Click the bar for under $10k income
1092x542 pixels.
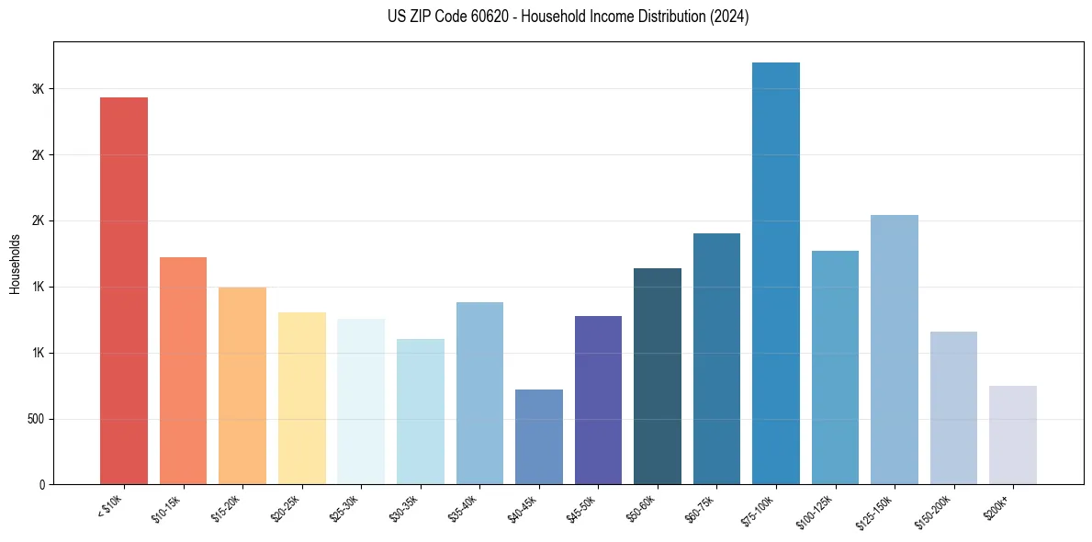click(x=124, y=290)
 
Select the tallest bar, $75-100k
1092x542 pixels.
click(x=776, y=273)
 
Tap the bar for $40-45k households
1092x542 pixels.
click(x=539, y=436)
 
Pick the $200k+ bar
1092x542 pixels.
click(x=1013, y=435)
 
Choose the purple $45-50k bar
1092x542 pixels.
click(x=598, y=400)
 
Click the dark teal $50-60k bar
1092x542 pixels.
click(x=658, y=376)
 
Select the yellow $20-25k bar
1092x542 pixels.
click(x=302, y=398)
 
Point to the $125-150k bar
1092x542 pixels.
click(x=895, y=349)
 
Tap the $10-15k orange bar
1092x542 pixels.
click(x=184, y=370)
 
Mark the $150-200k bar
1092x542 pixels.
click(x=953, y=407)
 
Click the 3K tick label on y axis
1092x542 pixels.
click(x=39, y=89)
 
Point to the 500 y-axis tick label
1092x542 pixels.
click(x=35, y=419)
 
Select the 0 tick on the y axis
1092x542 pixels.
click(x=42, y=485)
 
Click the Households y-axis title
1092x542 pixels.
click(x=15, y=264)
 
